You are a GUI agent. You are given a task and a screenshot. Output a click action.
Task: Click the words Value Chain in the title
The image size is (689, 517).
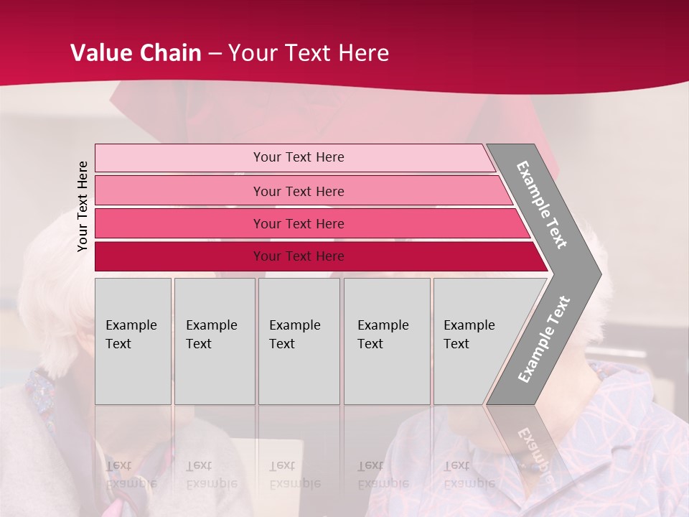pos(136,53)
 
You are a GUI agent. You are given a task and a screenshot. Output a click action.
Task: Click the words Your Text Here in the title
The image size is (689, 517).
pos(309,53)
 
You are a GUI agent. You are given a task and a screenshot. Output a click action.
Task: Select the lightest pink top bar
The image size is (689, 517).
pos(179,158)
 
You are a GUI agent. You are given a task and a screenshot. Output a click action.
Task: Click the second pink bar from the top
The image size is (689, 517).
pos(179,191)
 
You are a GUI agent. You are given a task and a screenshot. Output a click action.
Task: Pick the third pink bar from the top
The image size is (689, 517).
pos(179,223)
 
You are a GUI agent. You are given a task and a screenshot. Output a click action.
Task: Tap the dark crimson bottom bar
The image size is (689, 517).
pos(179,256)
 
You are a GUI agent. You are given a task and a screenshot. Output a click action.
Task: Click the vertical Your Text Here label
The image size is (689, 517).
pos(83,206)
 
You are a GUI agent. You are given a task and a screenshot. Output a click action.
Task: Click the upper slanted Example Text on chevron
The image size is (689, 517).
pos(542,205)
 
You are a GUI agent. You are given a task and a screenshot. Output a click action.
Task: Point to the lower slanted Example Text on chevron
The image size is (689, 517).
pos(543,339)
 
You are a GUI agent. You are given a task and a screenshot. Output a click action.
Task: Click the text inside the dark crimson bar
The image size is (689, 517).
pos(299,256)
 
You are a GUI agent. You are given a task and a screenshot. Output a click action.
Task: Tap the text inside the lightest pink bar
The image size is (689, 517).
pos(299,157)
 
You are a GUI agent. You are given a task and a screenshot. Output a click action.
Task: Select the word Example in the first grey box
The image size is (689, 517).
pos(131,325)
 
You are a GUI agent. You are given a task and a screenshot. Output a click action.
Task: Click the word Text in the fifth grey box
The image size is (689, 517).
pos(456,344)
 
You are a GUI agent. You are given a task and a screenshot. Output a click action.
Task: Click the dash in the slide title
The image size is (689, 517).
pos(215,54)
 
